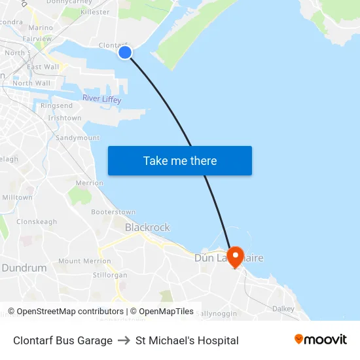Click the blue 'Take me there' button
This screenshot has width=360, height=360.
click(179, 161)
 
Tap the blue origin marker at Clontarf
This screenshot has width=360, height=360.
click(125, 52)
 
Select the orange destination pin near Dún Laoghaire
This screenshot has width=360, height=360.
click(234, 255)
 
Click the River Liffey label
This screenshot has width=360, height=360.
click(101, 99)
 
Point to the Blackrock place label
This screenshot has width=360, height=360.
click(147, 228)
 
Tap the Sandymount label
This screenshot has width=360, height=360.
click(77, 138)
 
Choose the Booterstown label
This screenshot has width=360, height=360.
click(113, 212)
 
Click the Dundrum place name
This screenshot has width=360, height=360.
click(24, 268)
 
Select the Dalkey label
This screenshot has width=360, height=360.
click(283, 308)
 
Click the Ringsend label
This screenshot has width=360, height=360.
click(56, 106)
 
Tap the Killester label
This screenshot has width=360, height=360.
click(95, 12)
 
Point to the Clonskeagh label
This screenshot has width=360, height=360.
click(37, 222)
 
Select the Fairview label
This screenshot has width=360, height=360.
click(38, 39)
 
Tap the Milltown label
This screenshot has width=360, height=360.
click(18, 198)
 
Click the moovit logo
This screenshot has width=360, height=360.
click(321, 340)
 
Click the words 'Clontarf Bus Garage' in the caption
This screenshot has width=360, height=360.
click(63, 340)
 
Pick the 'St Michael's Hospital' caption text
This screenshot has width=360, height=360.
click(187, 340)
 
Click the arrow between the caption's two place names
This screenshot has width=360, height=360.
click(124, 340)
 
